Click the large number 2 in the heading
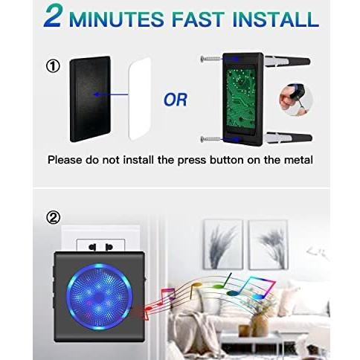click(x=53, y=16)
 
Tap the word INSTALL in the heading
click(x=276, y=19)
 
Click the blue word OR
click(x=176, y=100)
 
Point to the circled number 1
click(x=53, y=66)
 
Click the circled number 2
click(x=53, y=218)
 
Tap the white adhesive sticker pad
click(x=140, y=99)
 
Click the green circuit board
click(x=241, y=97)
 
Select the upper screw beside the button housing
click(x=210, y=59)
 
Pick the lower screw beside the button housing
click(x=210, y=139)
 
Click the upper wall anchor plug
click(x=288, y=61)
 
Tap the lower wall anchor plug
click(x=288, y=138)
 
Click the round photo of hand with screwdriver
click(x=296, y=100)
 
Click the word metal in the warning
click(x=298, y=160)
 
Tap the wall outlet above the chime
click(x=100, y=245)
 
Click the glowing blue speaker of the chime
click(x=99, y=297)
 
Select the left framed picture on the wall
click(x=223, y=245)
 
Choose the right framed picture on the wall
click(x=269, y=245)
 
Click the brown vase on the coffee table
click(x=260, y=324)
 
